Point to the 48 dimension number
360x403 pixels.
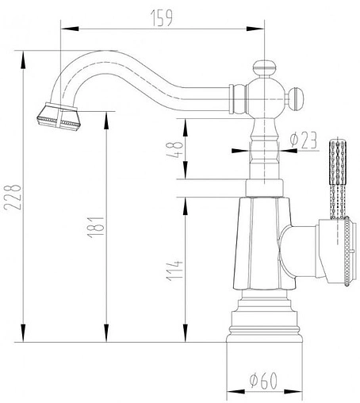175,148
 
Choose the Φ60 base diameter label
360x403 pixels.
262,380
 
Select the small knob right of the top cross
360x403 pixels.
295,99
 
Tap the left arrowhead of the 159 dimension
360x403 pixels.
66,31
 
